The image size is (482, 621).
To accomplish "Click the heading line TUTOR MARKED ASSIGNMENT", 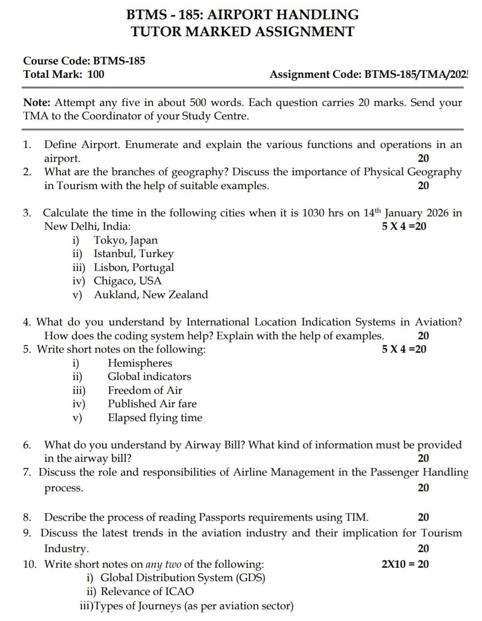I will coord(242,32).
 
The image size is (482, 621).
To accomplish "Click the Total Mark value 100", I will coord(96,74).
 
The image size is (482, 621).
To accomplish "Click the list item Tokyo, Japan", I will coord(125,240).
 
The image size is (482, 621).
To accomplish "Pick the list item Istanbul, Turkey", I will coord(133,253).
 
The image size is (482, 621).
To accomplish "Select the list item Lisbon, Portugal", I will coord(133,267).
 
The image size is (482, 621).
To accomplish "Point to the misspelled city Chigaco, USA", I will coord(127,281).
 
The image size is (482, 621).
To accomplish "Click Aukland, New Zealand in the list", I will coord(150,294).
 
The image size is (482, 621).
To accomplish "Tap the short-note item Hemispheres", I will coord(140,363).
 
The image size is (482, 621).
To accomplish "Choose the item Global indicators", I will coord(149,376).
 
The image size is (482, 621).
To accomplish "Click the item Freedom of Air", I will coord(145,390).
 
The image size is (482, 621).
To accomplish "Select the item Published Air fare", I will coord(152,403).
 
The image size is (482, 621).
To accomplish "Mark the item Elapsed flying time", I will coord(155,418).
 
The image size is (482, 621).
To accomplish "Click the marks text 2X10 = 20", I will coord(405,564).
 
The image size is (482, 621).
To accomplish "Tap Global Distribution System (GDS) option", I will coord(183,578).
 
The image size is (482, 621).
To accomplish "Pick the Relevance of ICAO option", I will coord(147,592).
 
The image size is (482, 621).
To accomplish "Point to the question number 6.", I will coord(27,445).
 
